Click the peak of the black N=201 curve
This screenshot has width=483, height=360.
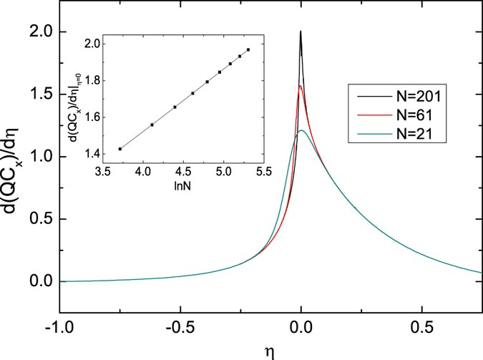(x=301, y=31)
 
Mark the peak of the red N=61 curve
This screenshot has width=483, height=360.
(x=301, y=86)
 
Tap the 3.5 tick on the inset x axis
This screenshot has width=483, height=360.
(x=102, y=172)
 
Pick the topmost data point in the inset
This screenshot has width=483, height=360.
(x=248, y=49)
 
